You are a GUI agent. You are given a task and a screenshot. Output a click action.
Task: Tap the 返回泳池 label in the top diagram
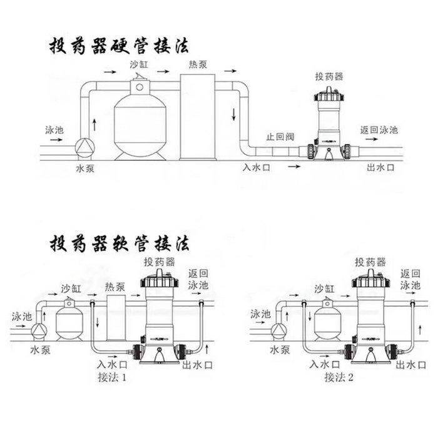coord(379,130)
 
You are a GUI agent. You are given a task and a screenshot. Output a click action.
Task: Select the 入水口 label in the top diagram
coord(257,167)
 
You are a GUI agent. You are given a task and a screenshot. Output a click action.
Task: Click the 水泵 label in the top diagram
coord(85,168)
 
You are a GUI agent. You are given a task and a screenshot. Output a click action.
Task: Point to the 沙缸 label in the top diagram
coord(140,64)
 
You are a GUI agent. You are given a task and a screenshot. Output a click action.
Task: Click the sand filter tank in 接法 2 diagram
coord(327,321)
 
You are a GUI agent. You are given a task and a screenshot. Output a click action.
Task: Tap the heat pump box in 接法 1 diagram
coord(116,318)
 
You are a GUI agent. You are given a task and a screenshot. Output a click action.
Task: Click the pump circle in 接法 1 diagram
coord(39,329)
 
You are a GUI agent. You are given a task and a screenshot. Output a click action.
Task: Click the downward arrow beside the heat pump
coord(233,114)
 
